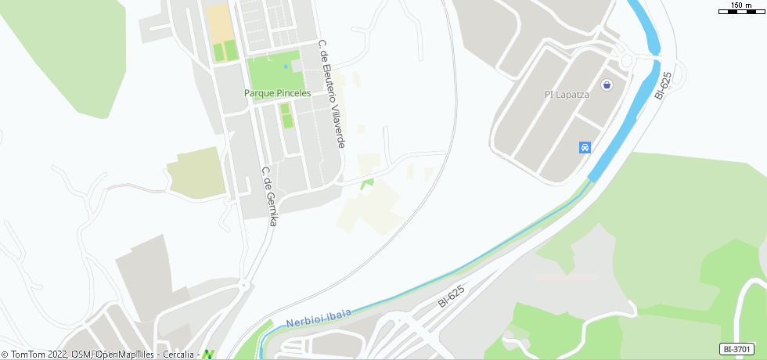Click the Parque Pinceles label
277,93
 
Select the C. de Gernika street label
268,196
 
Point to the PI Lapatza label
566,95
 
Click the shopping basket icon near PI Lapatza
606,85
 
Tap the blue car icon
584,147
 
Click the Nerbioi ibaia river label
319,318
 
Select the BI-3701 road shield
737,349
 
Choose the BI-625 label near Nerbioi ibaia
452,296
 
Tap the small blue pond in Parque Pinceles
285,67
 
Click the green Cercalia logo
208,354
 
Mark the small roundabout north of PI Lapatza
625,60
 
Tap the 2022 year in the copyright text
56,355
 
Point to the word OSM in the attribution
81,355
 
